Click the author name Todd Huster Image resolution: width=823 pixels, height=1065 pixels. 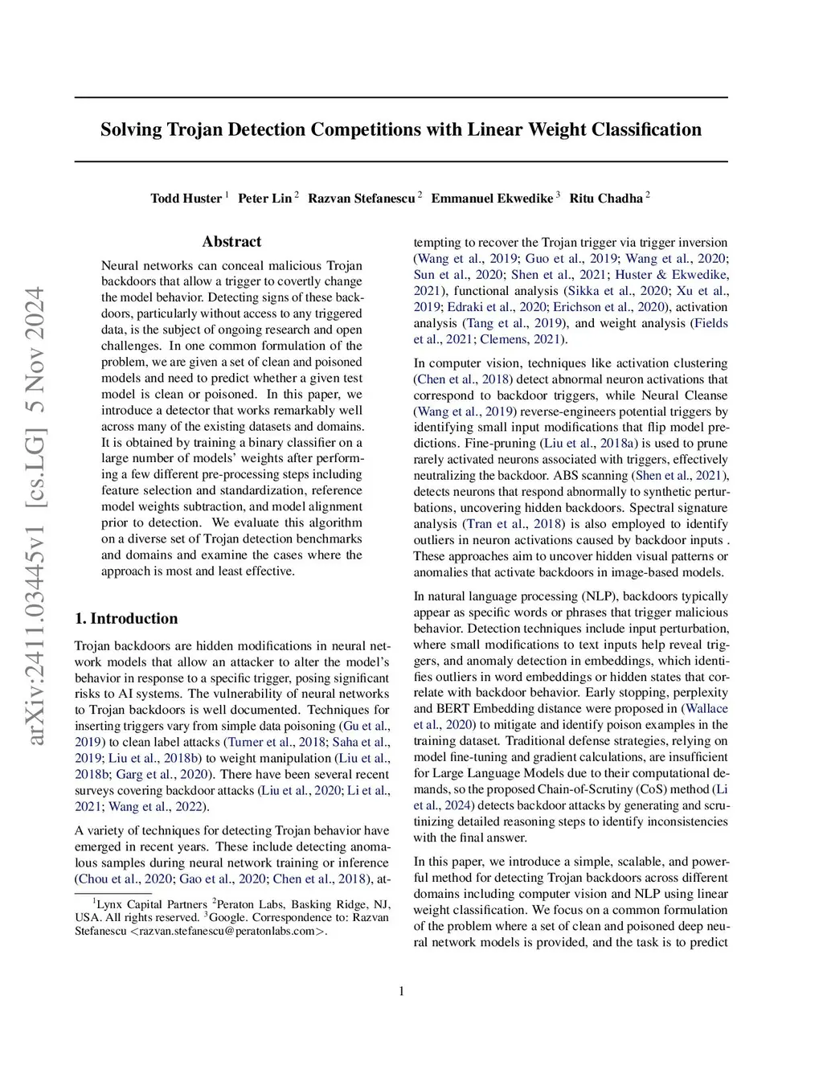(186, 199)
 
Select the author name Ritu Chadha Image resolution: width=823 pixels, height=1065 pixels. (606, 199)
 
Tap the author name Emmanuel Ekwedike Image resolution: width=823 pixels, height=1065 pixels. (492, 199)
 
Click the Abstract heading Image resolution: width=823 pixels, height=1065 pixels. (231, 242)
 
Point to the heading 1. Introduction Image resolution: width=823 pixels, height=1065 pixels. (126, 618)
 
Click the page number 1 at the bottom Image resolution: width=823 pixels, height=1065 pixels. (401, 991)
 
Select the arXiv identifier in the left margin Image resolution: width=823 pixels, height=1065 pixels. (36, 514)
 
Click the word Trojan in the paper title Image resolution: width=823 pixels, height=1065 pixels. (195, 129)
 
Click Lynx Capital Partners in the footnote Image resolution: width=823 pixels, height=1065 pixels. (152, 904)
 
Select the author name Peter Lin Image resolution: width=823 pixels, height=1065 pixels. (264, 199)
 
